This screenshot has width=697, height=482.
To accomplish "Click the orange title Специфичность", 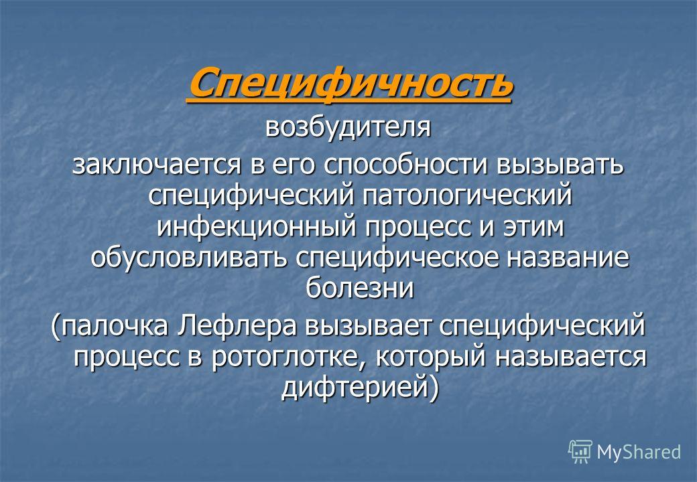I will (348, 83).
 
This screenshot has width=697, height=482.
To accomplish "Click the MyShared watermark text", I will (638, 452).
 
